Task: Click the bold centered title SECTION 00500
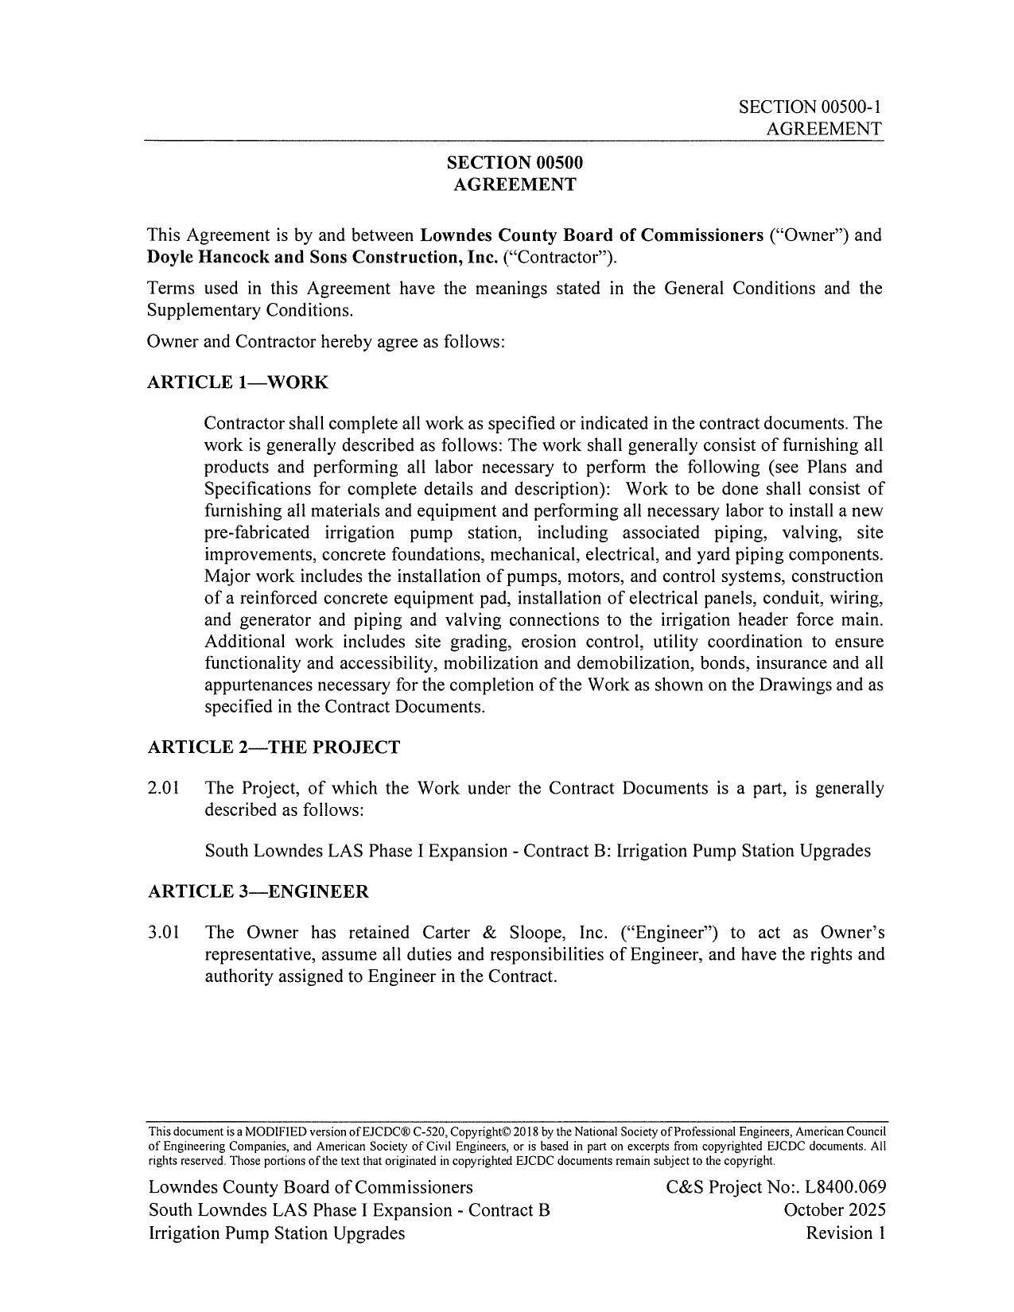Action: pos(514,163)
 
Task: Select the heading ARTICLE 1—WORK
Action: pos(238,382)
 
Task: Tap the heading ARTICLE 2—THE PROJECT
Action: pos(274,747)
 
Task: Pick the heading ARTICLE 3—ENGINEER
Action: pos(258,891)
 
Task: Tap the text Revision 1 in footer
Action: pos(845,1233)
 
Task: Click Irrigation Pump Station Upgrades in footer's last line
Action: pos(276,1233)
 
